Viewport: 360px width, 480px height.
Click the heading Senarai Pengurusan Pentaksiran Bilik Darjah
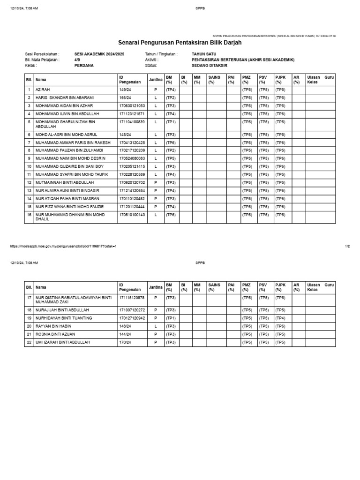180,43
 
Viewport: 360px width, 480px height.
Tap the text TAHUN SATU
205,54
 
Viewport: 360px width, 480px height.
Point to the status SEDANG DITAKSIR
209,65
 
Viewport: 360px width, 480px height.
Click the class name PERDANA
84,65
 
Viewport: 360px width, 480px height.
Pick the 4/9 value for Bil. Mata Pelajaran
77,60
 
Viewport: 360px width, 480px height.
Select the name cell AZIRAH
43,89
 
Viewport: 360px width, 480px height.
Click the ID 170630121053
132,105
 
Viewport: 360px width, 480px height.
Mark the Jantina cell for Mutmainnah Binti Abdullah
155,182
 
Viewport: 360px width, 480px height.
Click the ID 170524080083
132,158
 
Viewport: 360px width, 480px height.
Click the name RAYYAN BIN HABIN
53,326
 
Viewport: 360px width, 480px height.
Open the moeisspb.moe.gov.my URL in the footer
63,246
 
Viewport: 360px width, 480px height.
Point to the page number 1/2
347,246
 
